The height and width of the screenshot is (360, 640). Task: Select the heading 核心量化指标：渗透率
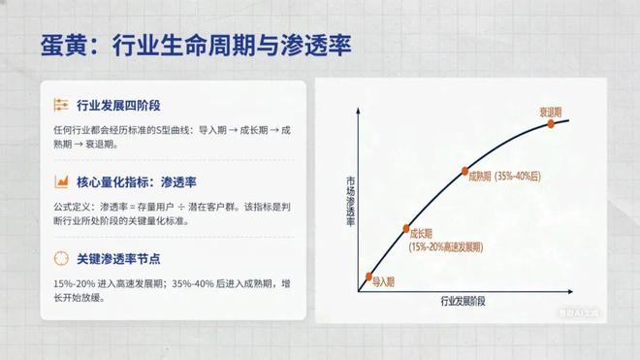click(x=136, y=181)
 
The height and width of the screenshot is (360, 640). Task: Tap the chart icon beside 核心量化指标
click(x=60, y=181)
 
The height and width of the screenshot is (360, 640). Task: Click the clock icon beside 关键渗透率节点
click(x=60, y=258)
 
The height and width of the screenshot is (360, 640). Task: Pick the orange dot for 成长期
click(x=406, y=229)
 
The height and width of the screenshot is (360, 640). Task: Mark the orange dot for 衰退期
click(x=552, y=123)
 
